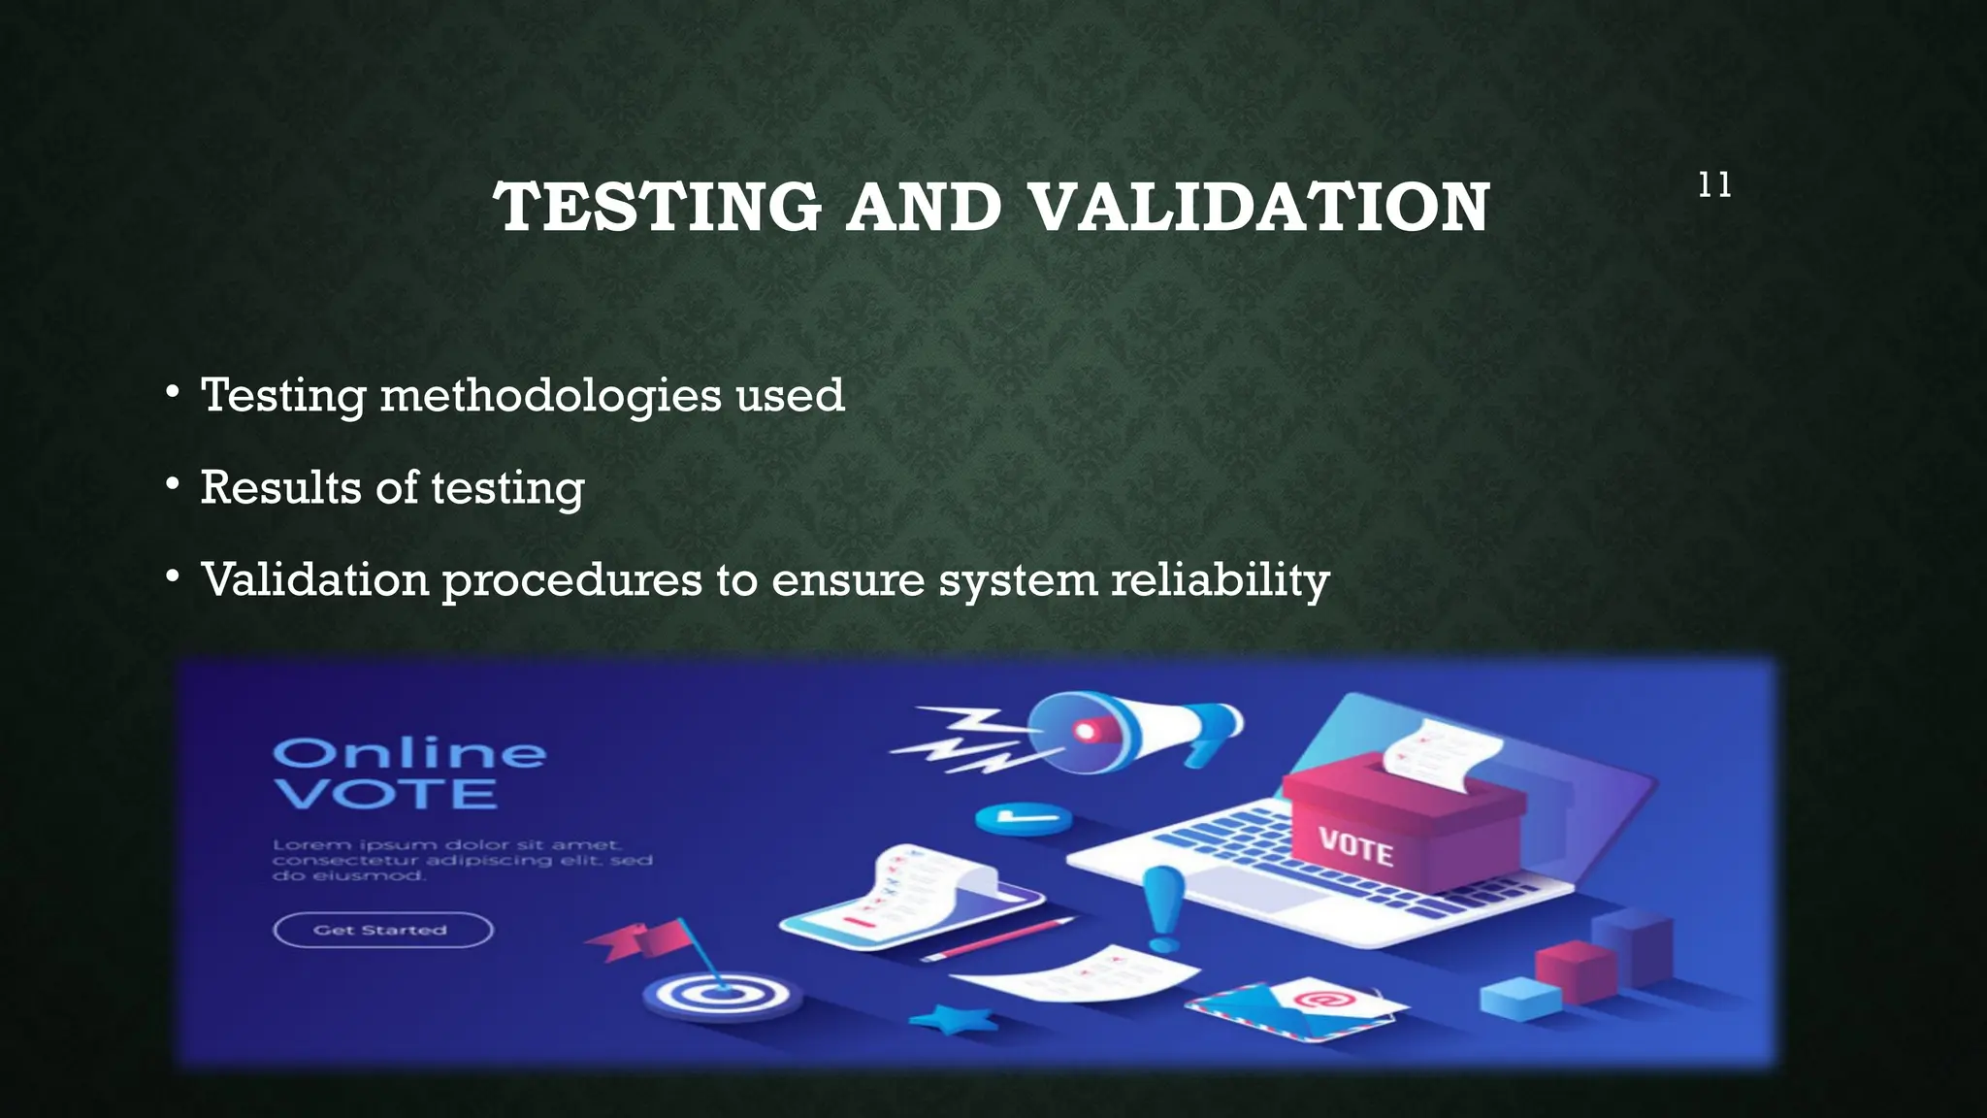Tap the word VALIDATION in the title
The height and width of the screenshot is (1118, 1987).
coord(1258,208)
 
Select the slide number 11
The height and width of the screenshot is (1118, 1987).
coord(1714,185)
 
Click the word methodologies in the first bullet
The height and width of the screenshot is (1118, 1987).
coord(550,396)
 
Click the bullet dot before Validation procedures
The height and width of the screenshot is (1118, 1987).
coord(173,577)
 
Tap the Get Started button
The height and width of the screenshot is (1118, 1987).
coord(382,930)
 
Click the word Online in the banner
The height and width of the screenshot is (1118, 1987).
coord(408,753)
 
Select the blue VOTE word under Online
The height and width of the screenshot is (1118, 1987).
coord(385,795)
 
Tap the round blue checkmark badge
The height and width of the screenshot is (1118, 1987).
coord(1022,819)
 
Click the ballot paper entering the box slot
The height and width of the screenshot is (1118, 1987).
coord(1436,757)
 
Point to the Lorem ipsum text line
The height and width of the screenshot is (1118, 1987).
coord(446,844)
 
